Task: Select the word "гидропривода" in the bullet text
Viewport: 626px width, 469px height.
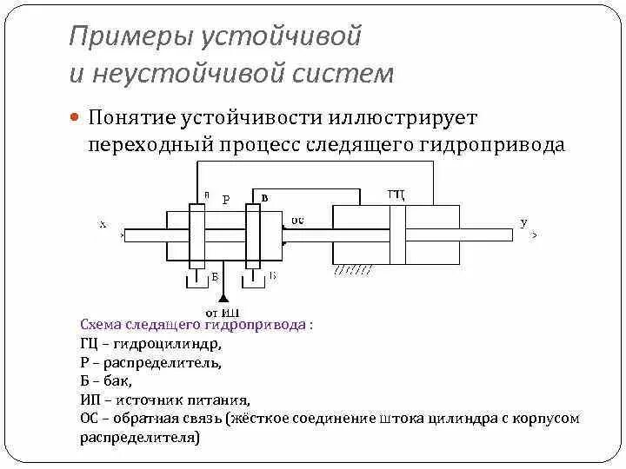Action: (503, 143)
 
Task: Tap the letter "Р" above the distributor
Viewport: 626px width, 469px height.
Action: (226, 200)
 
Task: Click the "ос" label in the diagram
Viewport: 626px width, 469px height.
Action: (296, 221)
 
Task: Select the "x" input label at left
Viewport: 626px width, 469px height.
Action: (103, 223)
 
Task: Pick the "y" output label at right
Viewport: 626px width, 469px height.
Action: (523, 223)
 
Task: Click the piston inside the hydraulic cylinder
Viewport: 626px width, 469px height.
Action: (397, 234)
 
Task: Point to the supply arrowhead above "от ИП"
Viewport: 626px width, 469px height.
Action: (223, 297)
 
